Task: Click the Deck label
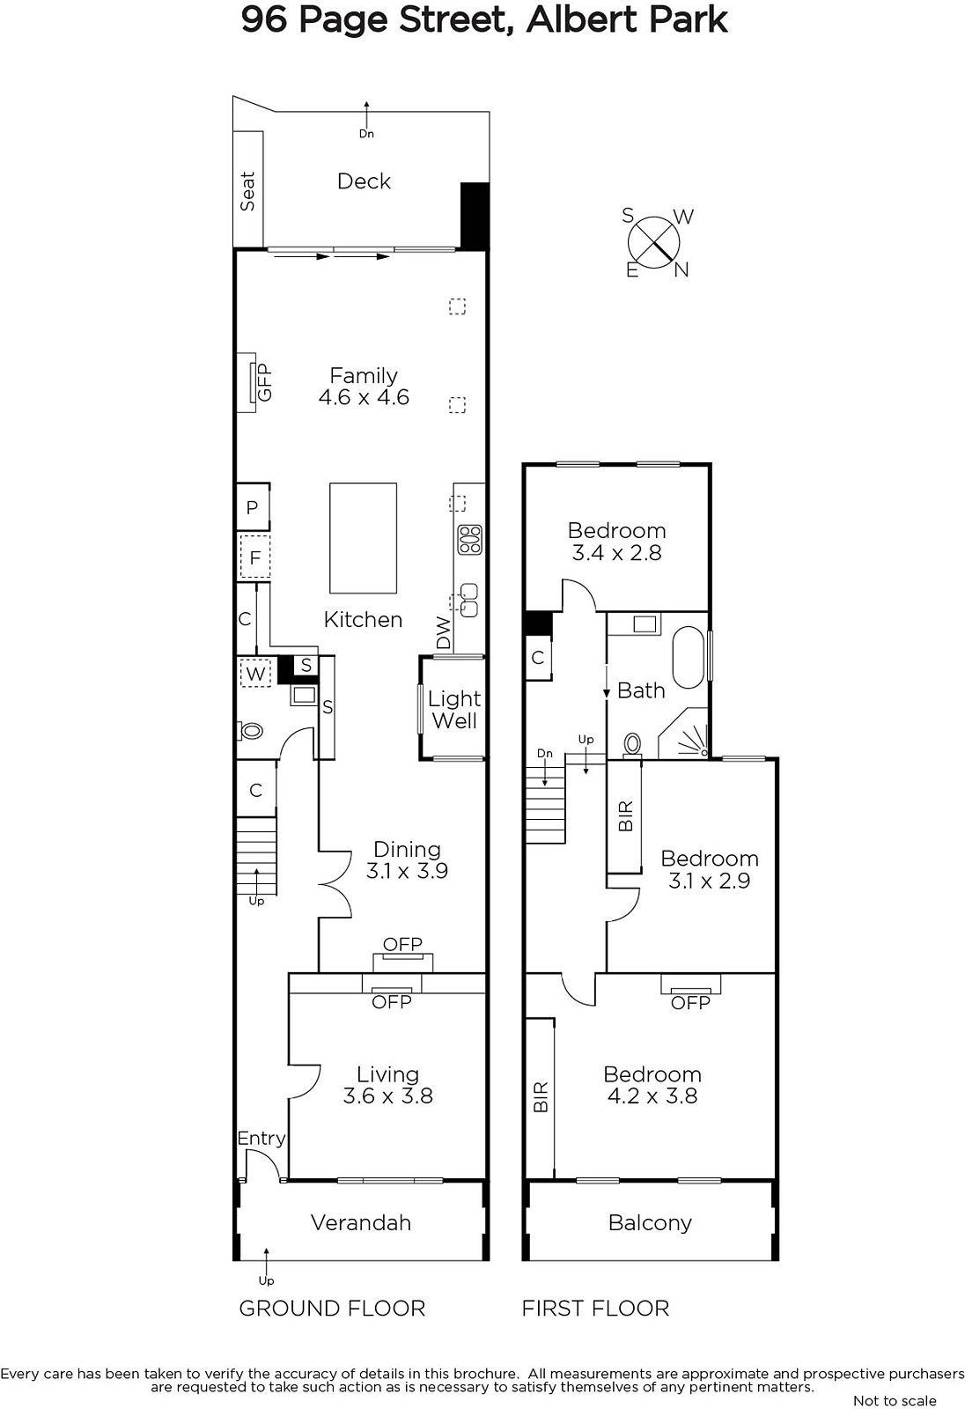coord(364,181)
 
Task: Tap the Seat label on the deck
coord(248,191)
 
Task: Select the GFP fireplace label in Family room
coord(265,382)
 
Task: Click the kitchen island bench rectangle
coord(364,538)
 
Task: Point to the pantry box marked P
coord(253,507)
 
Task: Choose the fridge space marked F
coord(254,557)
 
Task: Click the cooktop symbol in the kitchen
coord(470,540)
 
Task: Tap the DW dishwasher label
coord(444,633)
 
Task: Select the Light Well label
coord(454,710)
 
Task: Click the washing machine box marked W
coord(255,674)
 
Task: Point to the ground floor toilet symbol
coord(250,731)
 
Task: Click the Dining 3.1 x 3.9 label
coord(407,859)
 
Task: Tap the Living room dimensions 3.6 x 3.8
coord(388,1095)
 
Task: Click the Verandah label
coord(361,1222)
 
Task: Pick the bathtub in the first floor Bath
coord(689,657)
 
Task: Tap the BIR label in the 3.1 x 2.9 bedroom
coord(625,816)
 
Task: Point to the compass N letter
coord(681,269)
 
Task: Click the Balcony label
coord(650,1223)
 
